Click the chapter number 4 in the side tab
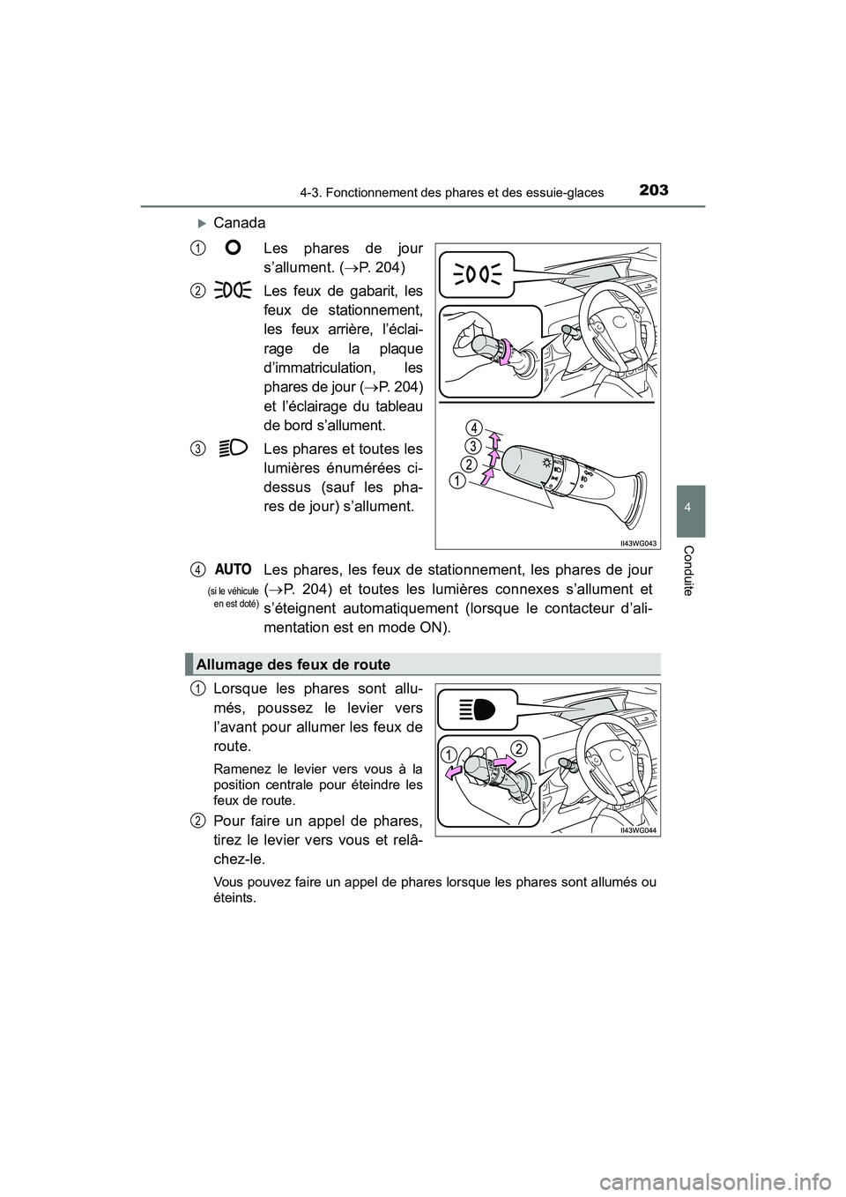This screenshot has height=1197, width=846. click(x=690, y=510)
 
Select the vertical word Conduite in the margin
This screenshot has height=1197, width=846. click(x=692, y=569)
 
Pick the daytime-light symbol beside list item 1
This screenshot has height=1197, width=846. click(x=234, y=249)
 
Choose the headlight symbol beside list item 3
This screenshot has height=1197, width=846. click(x=234, y=448)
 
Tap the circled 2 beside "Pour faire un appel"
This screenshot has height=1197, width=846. click(x=200, y=821)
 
